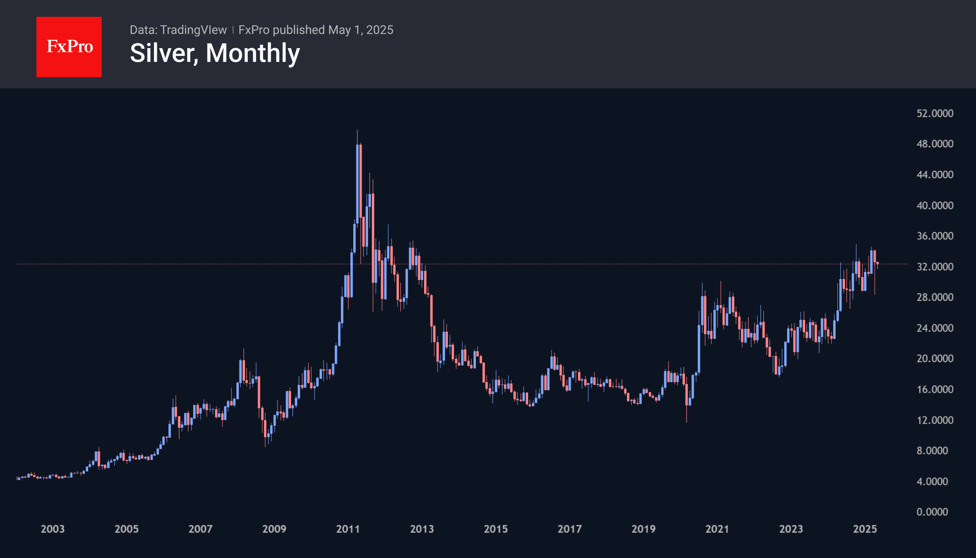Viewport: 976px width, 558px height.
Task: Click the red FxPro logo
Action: point(69,47)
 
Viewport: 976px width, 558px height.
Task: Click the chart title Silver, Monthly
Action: point(215,53)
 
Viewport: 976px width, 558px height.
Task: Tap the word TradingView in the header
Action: point(193,30)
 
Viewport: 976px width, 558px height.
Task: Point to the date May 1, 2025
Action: point(361,30)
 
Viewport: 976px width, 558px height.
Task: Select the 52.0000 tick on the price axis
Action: point(934,113)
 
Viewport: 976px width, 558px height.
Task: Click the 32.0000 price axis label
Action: point(934,266)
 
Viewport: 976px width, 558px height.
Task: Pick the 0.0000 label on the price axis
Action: point(932,512)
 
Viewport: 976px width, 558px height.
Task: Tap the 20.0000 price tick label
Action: point(934,358)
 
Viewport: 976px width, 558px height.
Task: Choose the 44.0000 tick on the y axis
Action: point(934,174)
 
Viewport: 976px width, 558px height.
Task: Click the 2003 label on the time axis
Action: point(53,529)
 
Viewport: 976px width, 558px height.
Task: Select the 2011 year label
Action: point(348,529)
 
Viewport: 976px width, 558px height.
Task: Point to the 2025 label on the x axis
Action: point(865,529)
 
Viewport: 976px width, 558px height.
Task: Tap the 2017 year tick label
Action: point(570,529)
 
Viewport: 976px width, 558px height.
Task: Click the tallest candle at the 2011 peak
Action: point(357,187)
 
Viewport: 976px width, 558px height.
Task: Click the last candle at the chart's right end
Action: point(878,264)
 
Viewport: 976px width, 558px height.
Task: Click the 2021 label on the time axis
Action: point(717,529)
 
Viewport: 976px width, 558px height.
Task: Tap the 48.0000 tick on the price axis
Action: point(934,144)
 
